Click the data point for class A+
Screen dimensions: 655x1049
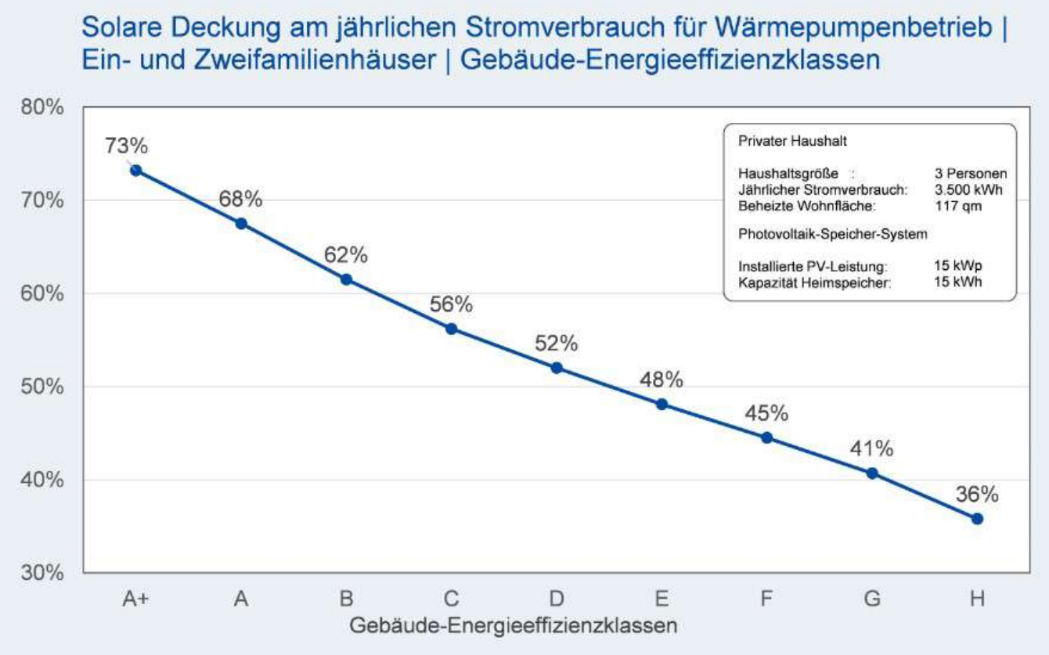(136, 170)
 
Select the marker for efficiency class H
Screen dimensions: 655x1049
(977, 519)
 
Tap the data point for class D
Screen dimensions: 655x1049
(557, 368)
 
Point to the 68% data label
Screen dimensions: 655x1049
(240, 200)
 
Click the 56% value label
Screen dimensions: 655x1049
(451, 304)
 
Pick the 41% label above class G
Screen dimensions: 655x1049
(871, 449)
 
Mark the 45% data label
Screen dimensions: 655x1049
(766, 414)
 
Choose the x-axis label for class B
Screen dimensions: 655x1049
(346, 599)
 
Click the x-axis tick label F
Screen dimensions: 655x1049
(766, 599)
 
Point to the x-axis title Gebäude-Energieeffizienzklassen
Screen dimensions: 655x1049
(513, 626)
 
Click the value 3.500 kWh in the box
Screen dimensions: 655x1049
(968, 189)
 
